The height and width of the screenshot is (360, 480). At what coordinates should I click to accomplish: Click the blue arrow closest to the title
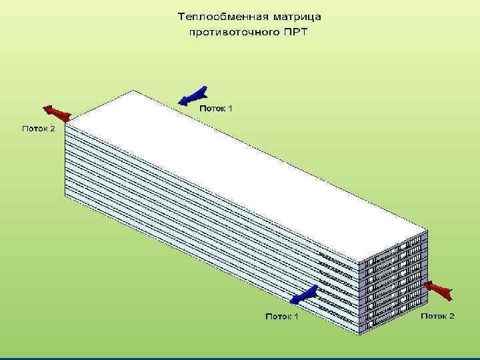tap(194, 96)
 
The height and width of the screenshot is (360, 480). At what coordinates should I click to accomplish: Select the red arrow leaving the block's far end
tap(56, 113)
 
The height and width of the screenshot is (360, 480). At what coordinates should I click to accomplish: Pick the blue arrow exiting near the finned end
tap(305, 293)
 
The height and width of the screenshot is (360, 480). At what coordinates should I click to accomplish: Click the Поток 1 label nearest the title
tap(216, 107)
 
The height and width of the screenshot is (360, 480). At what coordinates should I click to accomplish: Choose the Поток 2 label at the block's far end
tap(39, 129)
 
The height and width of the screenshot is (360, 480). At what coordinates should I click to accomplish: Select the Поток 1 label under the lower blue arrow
tap(281, 315)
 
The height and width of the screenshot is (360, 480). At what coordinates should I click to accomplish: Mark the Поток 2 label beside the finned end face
tap(437, 315)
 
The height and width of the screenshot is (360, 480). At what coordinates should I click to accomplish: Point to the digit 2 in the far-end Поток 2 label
tap(53, 129)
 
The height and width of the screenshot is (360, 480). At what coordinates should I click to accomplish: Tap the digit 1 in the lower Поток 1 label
tap(295, 315)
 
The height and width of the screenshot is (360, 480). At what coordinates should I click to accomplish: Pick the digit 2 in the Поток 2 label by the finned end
tap(451, 315)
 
